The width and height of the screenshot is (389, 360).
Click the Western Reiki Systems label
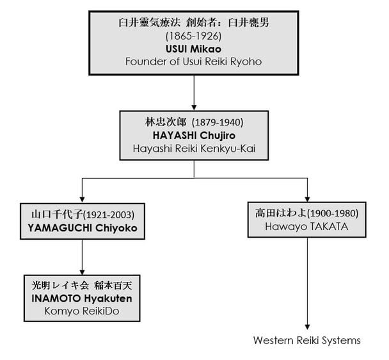coord(307,340)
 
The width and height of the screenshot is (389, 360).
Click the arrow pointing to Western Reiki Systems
coord(308,282)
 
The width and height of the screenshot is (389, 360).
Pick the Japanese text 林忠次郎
coord(164,121)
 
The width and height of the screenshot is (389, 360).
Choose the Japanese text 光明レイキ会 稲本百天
coord(83,284)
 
